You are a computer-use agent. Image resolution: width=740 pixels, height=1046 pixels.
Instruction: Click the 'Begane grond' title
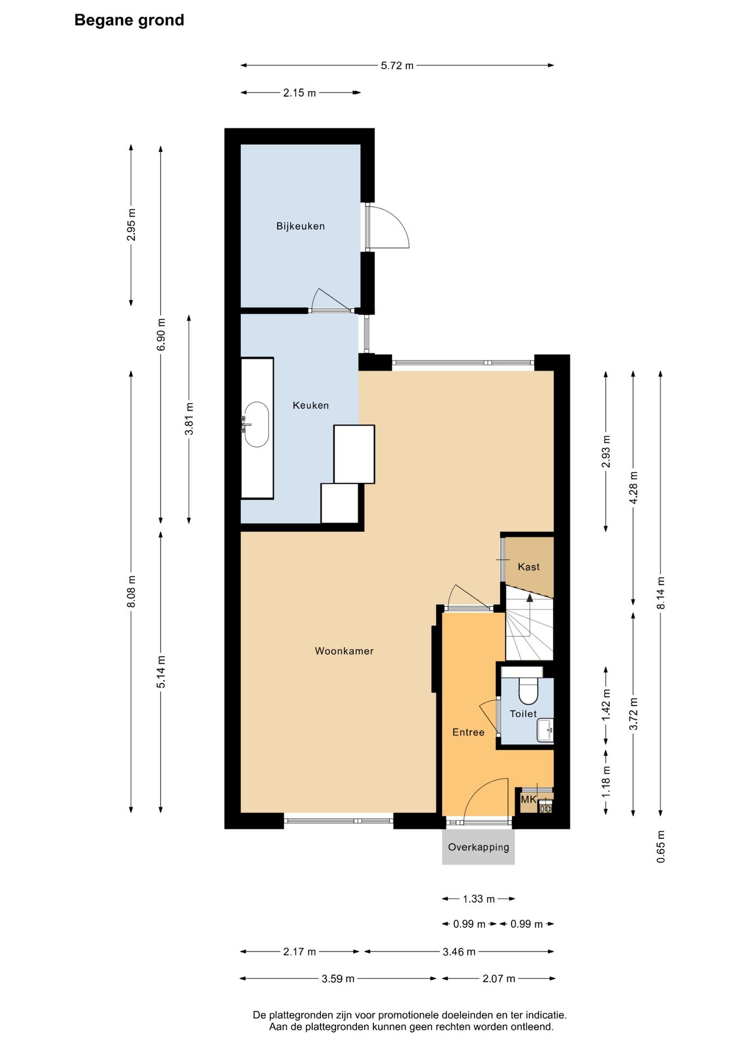tap(129, 21)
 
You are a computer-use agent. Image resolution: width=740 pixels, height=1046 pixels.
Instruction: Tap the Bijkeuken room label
tap(300, 226)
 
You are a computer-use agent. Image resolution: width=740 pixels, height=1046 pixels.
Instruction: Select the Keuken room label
tap(311, 405)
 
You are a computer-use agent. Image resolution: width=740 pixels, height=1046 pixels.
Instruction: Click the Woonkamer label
tap(344, 651)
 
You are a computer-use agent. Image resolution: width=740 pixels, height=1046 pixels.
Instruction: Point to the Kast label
tap(529, 567)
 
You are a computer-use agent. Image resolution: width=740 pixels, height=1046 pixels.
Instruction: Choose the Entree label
tap(469, 733)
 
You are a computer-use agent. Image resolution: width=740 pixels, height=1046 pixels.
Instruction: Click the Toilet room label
tap(523, 714)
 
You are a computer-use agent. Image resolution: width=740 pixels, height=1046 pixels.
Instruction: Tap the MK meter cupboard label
tap(529, 800)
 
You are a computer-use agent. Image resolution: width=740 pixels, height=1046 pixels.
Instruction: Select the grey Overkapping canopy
tap(478, 847)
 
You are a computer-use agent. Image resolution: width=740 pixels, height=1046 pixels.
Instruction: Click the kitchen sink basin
tap(256, 425)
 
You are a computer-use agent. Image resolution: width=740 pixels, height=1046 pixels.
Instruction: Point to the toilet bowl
tap(529, 690)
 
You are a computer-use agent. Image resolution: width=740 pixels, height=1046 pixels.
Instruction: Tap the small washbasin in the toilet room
tap(545, 731)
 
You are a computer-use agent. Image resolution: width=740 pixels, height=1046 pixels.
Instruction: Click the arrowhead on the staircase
tap(529, 598)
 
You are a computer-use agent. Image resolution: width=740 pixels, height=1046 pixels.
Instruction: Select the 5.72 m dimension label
tap(397, 66)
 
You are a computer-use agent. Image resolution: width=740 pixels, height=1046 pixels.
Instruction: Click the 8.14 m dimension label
tap(661, 593)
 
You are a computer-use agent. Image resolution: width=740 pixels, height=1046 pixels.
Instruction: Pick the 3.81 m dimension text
tap(189, 419)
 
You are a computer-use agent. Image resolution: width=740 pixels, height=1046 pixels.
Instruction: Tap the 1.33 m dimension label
tap(479, 899)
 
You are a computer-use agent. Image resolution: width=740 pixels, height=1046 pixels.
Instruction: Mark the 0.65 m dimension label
tap(661, 847)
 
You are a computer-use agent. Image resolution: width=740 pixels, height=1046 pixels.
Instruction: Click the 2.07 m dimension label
tap(499, 979)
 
